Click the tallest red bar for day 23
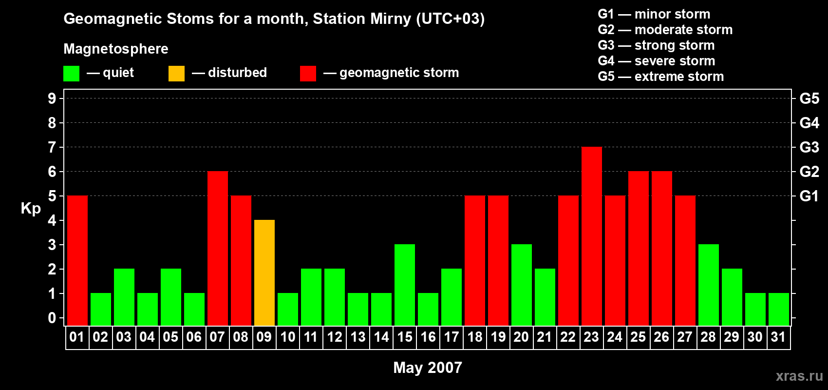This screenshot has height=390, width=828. click(x=591, y=236)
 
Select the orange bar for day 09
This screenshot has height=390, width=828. click(x=264, y=273)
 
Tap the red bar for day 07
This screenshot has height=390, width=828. click(x=217, y=248)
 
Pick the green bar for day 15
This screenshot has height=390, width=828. click(x=404, y=285)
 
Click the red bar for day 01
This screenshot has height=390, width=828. click(x=77, y=260)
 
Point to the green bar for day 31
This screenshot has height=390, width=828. click(x=778, y=309)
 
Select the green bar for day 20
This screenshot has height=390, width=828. click(x=521, y=285)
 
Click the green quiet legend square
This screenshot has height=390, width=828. click(x=71, y=74)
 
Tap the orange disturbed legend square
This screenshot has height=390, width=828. click(x=176, y=74)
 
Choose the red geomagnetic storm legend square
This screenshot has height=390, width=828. click(x=308, y=74)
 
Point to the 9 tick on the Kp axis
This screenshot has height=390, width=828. click(x=52, y=98)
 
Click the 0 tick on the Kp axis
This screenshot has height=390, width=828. click(x=52, y=318)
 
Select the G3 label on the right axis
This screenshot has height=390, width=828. click(x=809, y=147)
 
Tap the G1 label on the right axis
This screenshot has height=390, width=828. click(x=809, y=196)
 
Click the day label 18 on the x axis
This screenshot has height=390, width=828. click(x=474, y=337)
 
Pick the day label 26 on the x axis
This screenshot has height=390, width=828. click(x=661, y=337)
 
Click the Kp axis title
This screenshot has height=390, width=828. click(x=31, y=209)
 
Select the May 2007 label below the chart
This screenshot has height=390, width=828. click(x=427, y=368)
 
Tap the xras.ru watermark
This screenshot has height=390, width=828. click(x=799, y=376)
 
